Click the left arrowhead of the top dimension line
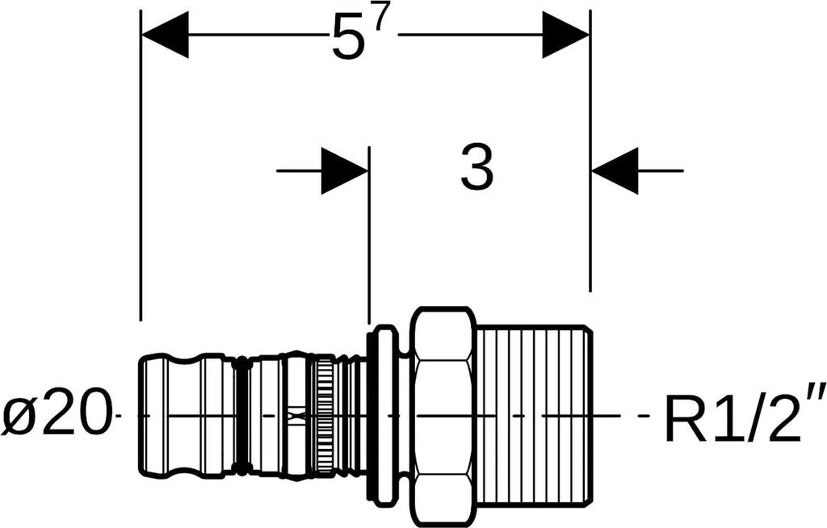[x=165, y=35]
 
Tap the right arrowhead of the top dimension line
[x=565, y=35]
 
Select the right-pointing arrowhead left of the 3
[x=345, y=170]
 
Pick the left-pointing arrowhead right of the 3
[x=615, y=170]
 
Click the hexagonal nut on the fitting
[x=442, y=416]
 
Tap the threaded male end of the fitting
[x=533, y=416]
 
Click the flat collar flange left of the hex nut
[x=382, y=416]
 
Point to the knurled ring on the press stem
[x=324, y=416]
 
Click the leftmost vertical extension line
[x=141, y=202]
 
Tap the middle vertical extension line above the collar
[x=369, y=242]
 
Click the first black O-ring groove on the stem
[x=238, y=416]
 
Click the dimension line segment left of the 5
[x=258, y=35]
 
